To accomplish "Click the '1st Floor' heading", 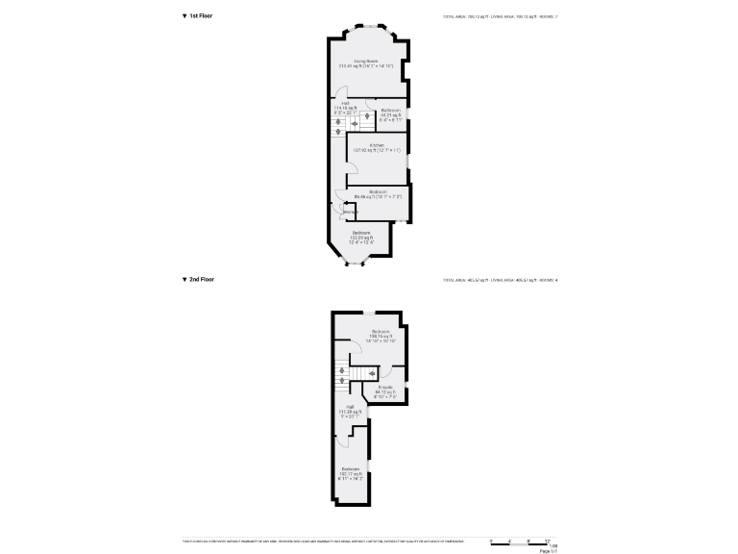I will [x=201, y=16].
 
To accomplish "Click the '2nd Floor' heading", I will [x=201, y=279].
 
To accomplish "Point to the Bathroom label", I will [x=390, y=113].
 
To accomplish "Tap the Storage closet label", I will [x=337, y=212].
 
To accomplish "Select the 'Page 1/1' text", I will [x=548, y=551].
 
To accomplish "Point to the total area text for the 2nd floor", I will [x=500, y=280].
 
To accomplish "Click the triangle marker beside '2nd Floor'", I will [x=184, y=279].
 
